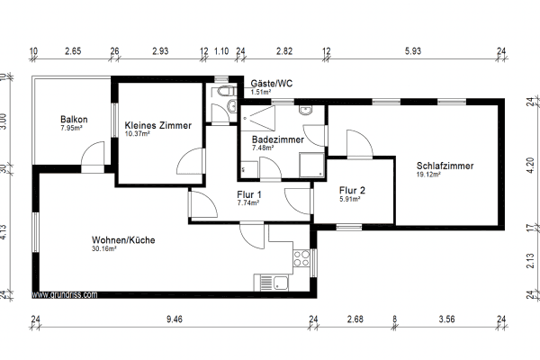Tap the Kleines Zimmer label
pyautogui.click(x=157, y=125)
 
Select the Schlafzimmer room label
pyautogui.click(x=445, y=166)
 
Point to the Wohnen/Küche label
pyautogui.click(x=123, y=240)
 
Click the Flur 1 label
pyautogui.click(x=248, y=194)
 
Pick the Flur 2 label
pyautogui.click(x=352, y=190)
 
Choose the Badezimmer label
pyautogui.click(x=277, y=140)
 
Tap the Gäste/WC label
pyautogui.click(x=271, y=82)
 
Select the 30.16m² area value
pyautogui.click(x=105, y=249)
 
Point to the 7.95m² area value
pyautogui.click(x=71, y=128)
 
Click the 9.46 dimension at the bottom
pyautogui.click(x=175, y=319)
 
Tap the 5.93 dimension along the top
pyautogui.click(x=412, y=50)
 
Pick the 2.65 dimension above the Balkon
pyautogui.click(x=72, y=50)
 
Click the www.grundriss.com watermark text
pyautogui.click(x=66, y=293)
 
